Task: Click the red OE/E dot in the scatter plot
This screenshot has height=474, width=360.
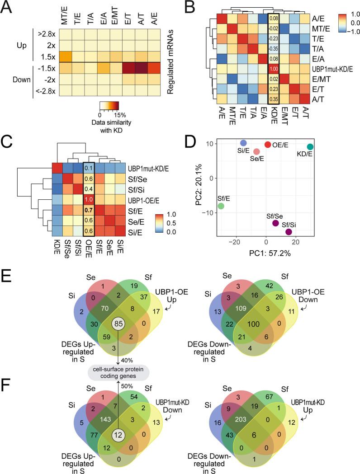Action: point(268,144)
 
